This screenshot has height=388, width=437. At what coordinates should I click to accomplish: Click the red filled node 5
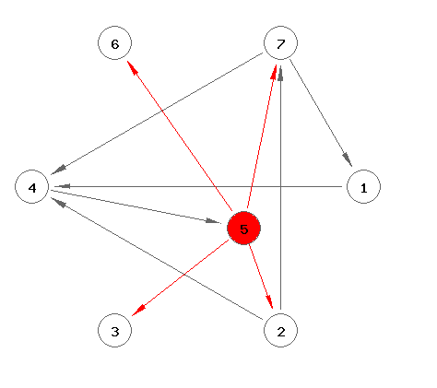coord(243,228)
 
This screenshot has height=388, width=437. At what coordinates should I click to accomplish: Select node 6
coord(114,42)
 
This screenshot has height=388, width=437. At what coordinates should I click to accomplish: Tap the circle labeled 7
coord(280,42)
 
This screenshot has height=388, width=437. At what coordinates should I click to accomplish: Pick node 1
coord(363,186)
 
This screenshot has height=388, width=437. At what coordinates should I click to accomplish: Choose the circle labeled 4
coord(32,186)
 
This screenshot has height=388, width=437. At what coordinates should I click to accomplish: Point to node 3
coord(114,330)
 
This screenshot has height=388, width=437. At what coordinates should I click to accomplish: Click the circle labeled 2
coord(280,330)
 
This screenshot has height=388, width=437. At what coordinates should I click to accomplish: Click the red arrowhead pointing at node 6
coord(132,66)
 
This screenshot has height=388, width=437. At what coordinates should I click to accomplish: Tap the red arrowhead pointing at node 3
coord(137,311)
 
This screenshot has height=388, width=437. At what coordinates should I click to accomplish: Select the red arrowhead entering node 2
coord(269,301)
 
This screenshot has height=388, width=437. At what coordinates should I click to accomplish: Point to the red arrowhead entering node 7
coord(273,72)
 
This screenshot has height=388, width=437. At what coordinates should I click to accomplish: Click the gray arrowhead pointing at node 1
coord(348,159)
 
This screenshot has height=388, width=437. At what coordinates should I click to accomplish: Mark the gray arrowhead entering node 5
coord(213,221)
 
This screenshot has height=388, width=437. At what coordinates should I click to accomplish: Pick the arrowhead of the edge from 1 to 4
coord(63,186)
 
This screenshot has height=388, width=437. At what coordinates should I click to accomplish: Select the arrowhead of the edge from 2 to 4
coord(58,202)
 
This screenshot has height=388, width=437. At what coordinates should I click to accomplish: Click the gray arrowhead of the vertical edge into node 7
coord(280,74)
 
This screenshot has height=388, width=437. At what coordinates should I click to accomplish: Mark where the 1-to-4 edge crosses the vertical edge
coord(280,186)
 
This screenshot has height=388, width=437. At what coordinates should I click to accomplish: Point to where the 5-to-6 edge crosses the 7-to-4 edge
coord(162,110)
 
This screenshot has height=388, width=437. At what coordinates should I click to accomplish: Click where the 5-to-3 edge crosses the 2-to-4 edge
coord(183,274)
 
